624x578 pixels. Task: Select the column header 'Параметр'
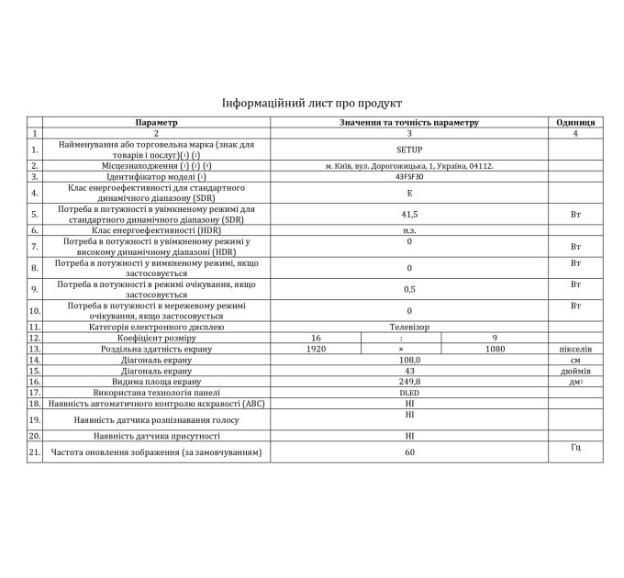pyautogui.click(x=155, y=122)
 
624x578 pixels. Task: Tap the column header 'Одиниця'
pyautogui.click(x=575, y=122)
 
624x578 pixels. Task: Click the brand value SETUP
pyautogui.click(x=409, y=149)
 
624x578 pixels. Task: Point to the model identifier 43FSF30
pyautogui.click(x=409, y=177)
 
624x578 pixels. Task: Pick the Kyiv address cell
pyautogui.click(x=409, y=166)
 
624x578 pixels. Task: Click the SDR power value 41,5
pyautogui.click(x=409, y=215)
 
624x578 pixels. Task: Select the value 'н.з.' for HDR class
pyautogui.click(x=409, y=230)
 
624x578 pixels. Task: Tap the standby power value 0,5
pyautogui.click(x=409, y=289)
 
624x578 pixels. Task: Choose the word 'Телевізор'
pyautogui.click(x=409, y=327)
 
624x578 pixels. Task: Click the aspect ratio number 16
pyautogui.click(x=316, y=338)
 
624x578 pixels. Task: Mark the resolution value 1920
pyautogui.click(x=316, y=350)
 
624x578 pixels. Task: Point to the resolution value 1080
pyautogui.click(x=495, y=350)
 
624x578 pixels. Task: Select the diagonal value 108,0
pyautogui.click(x=409, y=361)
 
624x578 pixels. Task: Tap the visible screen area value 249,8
pyautogui.click(x=409, y=382)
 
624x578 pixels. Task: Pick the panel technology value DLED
pyautogui.click(x=409, y=393)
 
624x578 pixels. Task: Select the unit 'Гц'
pyautogui.click(x=575, y=447)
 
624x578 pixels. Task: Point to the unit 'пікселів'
pyautogui.click(x=575, y=350)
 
